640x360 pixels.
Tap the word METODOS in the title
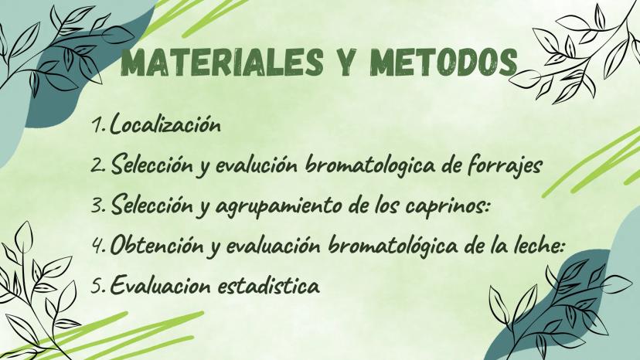(x=444, y=63)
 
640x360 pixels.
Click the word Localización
(x=165, y=124)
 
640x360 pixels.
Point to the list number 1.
(x=98, y=125)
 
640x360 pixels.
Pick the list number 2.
(x=98, y=165)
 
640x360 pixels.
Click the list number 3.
(x=98, y=205)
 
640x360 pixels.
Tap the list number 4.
(x=99, y=246)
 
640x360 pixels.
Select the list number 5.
(x=98, y=286)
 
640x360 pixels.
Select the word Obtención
(x=157, y=245)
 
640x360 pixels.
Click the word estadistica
(x=268, y=285)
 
